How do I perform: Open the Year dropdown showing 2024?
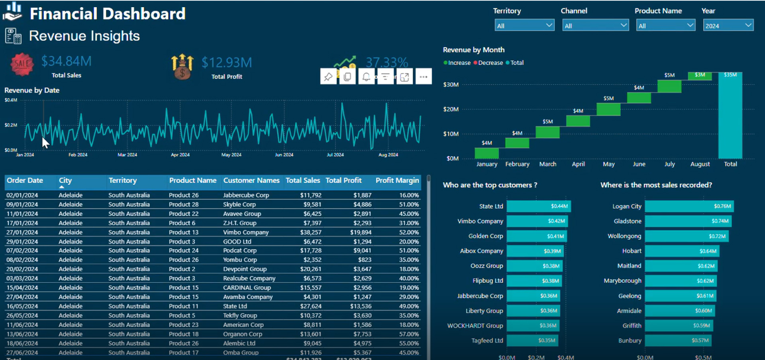(728, 25)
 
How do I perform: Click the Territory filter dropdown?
(524, 25)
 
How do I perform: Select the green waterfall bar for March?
(547, 132)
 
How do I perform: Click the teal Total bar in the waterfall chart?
(730, 115)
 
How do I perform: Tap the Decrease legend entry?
(488, 63)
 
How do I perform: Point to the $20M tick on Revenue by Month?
(451, 109)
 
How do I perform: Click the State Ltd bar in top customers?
(539, 206)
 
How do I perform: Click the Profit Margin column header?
(397, 180)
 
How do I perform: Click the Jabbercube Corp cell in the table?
(246, 195)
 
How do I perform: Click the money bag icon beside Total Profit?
(182, 67)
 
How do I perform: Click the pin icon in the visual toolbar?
(328, 76)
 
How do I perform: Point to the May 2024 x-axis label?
(231, 155)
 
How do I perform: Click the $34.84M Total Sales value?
(67, 61)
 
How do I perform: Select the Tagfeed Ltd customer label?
(487, 340)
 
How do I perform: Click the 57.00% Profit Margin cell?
(409, 334)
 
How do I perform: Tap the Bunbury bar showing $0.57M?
(678, 340)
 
